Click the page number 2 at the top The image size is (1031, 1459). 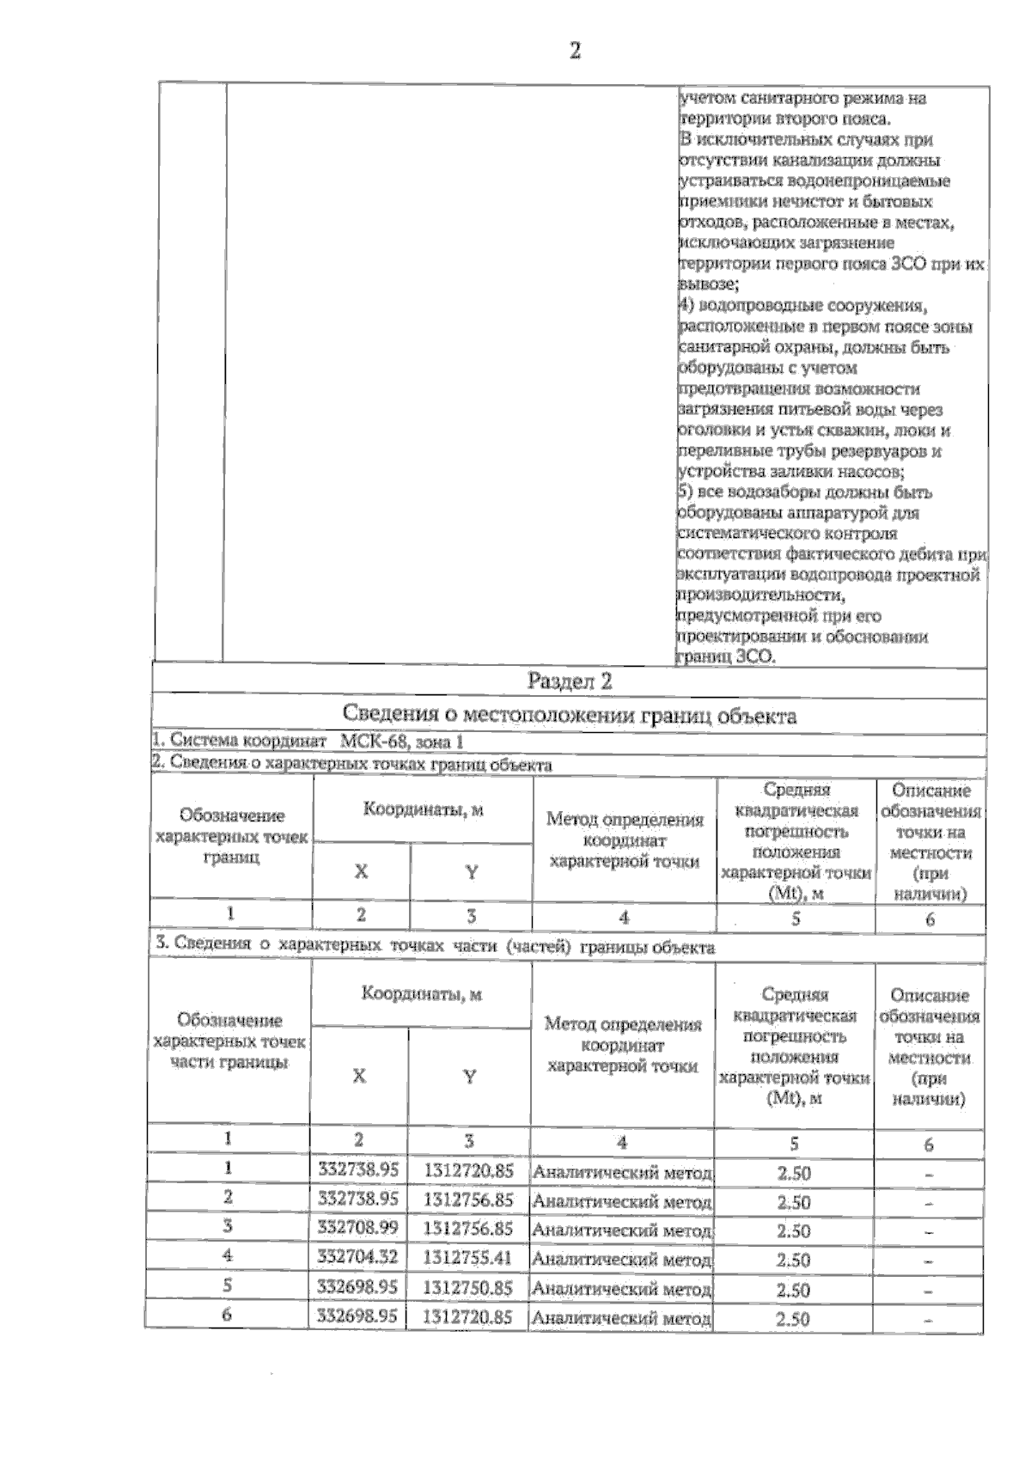pos(575,52)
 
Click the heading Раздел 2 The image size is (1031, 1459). pos(570,682)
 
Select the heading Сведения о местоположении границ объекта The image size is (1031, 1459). pos(569,715)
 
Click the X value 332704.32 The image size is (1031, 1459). pos(357,1257)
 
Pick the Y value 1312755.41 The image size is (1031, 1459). pos(468,1258)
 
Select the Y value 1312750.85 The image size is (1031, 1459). pos(468,1287)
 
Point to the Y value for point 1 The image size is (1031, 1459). pos(468,1170)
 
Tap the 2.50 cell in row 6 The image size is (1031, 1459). pos(793,1318)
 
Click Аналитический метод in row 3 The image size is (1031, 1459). pos(622,1230)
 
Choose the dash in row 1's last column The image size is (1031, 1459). pos(930,1175)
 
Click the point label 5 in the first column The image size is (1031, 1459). pos(228,1285)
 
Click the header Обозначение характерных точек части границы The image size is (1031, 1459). pos(229,1041)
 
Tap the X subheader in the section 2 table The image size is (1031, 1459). pos(361,871)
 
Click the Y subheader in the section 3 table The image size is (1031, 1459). pos(469,1076)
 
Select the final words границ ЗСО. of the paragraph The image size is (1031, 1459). pos(727,657)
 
